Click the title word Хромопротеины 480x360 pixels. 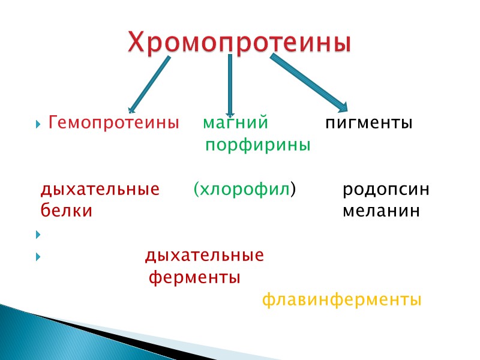[239, 43]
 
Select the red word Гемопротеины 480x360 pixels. [114, 124]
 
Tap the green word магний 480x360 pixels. [235, 124]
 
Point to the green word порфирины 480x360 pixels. [258, 145]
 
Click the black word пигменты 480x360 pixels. [369, 124]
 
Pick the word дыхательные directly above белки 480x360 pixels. [100, 190]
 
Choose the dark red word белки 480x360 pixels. [66, 211]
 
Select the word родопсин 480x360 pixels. [386, 190]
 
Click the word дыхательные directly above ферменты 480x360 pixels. [204, 256]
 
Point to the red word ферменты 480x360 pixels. [194, 278]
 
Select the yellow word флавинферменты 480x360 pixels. [341, 299]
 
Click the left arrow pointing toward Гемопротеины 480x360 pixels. [149, 84]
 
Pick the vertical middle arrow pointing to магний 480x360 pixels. [229, 84]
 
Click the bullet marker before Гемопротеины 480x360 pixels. [38, 125]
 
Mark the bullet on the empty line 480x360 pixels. [38, 234]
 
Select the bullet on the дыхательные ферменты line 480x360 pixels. [38, 257]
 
